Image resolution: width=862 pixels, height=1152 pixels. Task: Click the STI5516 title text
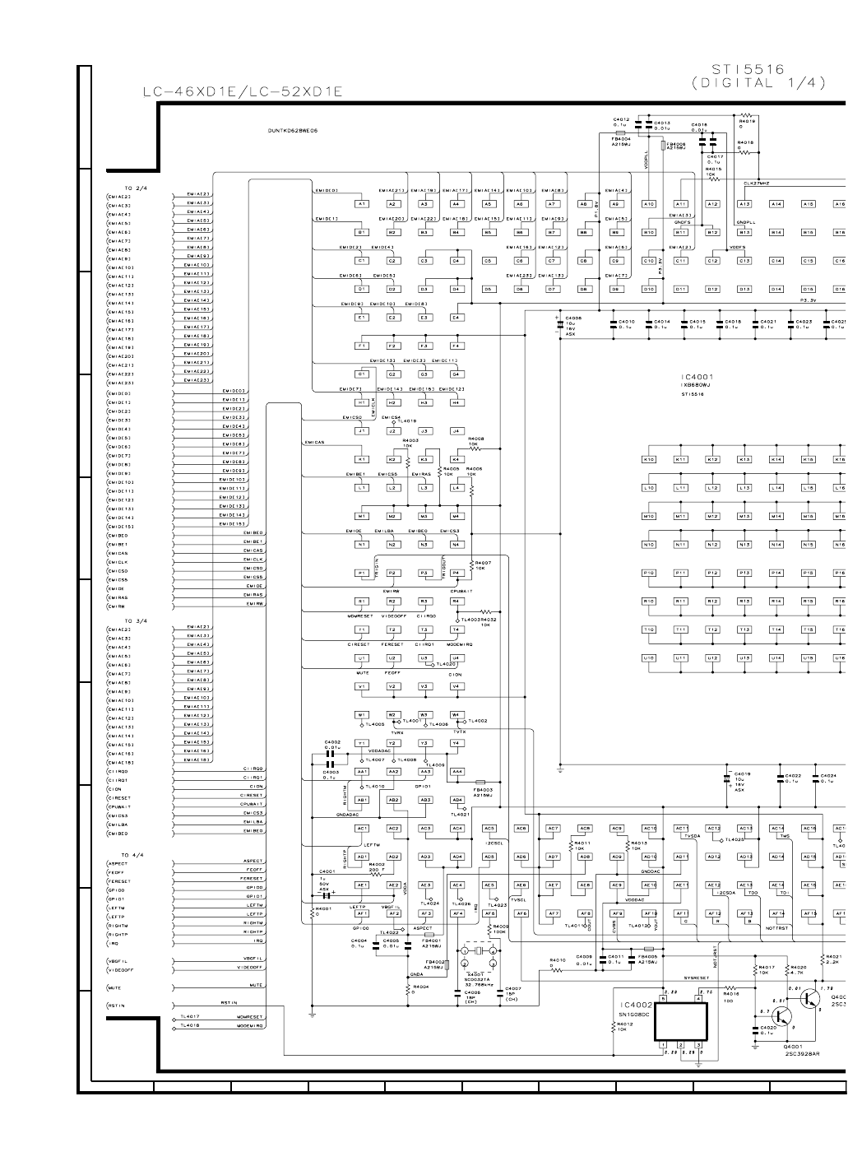(x=748, y=70)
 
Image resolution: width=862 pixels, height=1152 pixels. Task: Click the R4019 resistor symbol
(x=746, y=115)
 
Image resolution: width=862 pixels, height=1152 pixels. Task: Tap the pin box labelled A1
(x=361, y=203)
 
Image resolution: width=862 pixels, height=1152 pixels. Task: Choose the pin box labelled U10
(x=649, y=658)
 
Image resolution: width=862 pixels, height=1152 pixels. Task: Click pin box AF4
(x=456, y=913)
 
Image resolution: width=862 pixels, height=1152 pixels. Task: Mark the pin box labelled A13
(x=744, y=203)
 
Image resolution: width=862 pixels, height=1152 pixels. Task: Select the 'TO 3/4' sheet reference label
(x=134, y=620)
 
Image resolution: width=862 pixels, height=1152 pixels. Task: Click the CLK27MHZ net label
(x=755, y=183)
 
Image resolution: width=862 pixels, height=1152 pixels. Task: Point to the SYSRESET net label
(x=696, y=978)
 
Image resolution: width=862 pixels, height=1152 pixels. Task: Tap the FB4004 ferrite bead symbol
(x=621, y=131)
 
